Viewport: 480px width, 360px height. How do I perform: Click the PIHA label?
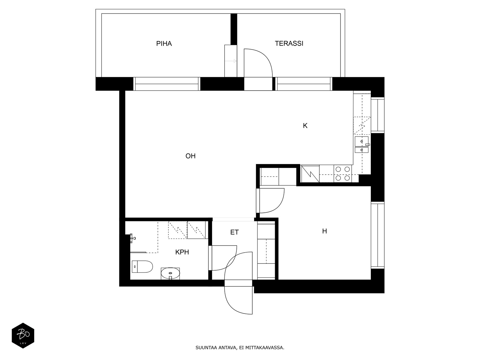[164, 44]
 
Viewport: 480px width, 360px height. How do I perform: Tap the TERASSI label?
[289, 43]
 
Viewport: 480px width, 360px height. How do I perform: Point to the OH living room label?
[190, 156]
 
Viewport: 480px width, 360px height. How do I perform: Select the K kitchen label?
[305, 126]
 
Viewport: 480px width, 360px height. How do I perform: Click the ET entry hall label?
[234, 232]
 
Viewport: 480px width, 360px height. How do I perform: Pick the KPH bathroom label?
[182, 252]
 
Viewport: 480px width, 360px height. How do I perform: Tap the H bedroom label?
[325, 231]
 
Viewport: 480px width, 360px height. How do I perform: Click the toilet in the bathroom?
[142, 266]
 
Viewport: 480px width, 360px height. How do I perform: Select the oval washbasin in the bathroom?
[170, 273]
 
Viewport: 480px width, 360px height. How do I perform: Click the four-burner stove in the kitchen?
[343, 174]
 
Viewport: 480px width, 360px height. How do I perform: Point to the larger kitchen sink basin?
[361, 141]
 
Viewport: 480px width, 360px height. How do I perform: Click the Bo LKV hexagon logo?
[23, 335]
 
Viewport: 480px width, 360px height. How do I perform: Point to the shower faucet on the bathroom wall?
[133, 238]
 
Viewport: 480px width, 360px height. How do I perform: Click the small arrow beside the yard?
[231, 61]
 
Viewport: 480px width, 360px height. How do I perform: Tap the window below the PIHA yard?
[166, 84]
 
